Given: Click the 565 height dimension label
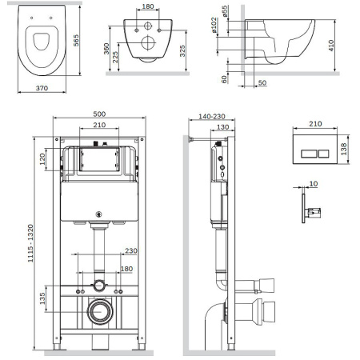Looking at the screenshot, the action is tap(76, 41).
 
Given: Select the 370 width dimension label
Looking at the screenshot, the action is tap(42, 88).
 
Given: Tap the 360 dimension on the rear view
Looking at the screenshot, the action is tap(106, 49).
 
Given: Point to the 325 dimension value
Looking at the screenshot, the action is tap(182, 51).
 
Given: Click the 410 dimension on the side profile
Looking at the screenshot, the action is tap(331, 46).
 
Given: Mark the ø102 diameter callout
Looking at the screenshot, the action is tap(214, 25).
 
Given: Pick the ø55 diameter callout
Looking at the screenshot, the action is tap(225, 11).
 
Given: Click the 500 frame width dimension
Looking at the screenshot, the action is tap(99, 114).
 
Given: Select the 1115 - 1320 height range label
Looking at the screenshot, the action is tap(31, 243).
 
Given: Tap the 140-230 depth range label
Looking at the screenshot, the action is tap(212, 117).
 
